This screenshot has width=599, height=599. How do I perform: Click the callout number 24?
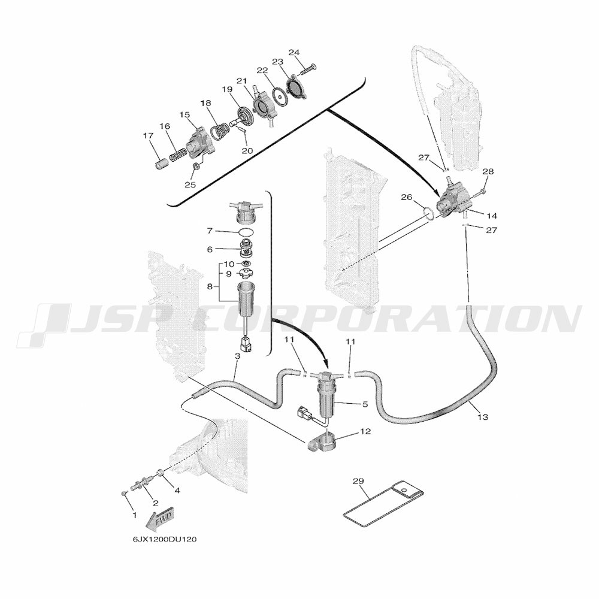click(x=294, y=52)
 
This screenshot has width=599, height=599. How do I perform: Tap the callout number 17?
click(x=148, y=136)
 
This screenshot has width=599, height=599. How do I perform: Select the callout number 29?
click(x=358, y=481)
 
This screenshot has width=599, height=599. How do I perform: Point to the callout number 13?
click(x=483, y=416)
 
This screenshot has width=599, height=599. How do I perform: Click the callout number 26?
click(x=406, y=197)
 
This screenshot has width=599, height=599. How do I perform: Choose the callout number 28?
click(x=488, y=172)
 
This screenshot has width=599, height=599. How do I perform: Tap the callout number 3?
click(x=237, y=356)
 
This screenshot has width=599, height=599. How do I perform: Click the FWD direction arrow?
click(x=161, y=519)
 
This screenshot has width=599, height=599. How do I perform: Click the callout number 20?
click(x=247, y=151)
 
